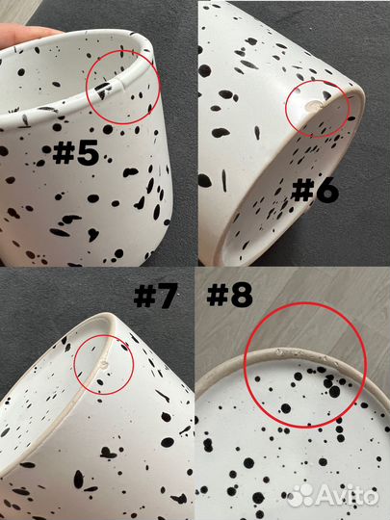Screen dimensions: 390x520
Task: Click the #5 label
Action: [x=76, y=152]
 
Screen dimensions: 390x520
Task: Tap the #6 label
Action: [x=315, y=190]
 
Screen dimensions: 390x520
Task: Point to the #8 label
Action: [x=229, y=295]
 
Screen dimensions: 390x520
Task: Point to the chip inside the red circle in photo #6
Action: [x=313, y=106]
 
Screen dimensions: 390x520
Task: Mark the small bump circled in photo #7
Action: [x=104, y=365]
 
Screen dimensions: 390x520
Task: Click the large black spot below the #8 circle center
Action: [x=286, y=408]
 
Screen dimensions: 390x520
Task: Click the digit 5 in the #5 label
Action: [x=88, y=152]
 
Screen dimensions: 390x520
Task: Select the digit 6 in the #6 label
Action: [x=327, y=191]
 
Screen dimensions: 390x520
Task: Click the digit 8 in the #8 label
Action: [x=242, y=295]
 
